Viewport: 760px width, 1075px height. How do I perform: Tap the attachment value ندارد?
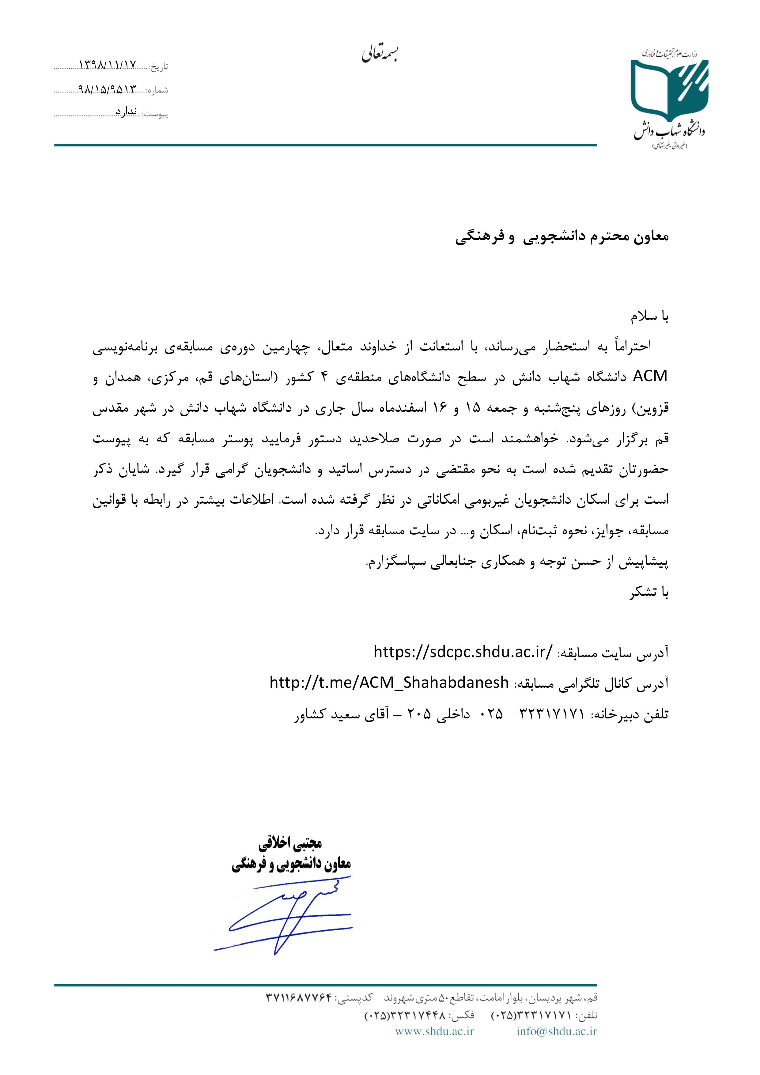pyautogui.click(x=127, y=112)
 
